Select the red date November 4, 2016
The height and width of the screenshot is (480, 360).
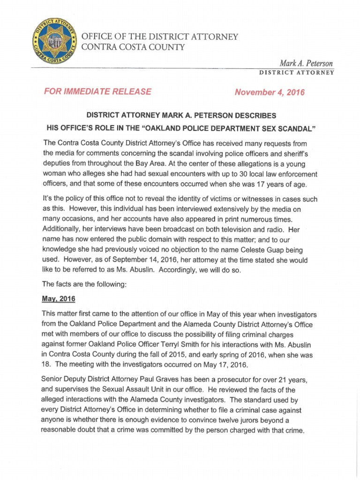270,92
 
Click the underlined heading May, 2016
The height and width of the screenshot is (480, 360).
59,299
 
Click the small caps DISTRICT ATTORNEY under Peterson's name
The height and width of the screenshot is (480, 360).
296,73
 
